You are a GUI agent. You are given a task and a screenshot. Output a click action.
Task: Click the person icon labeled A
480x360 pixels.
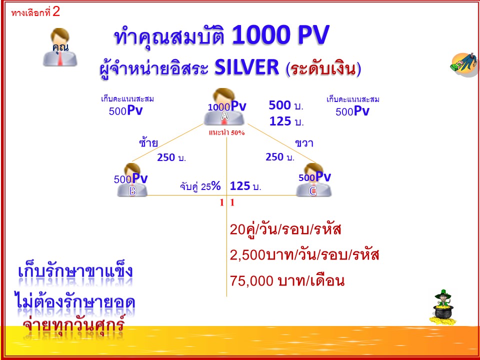(x=224, y=107)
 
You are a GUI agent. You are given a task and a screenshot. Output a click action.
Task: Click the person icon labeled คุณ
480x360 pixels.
(x=60, y=47)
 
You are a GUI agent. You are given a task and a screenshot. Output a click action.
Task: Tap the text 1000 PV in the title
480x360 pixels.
(x=280, y=35)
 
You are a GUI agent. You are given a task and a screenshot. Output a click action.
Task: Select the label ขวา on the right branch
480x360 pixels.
(x=304, y=143)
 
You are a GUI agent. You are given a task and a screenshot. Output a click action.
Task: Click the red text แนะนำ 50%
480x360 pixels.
(x=226, y=132)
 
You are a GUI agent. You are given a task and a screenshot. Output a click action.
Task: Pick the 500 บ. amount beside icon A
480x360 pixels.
(x=286, y=105)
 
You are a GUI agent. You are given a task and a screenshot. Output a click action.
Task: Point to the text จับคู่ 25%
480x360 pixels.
(x=200, y=186)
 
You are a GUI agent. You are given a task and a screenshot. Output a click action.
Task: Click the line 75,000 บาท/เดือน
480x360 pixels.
(x=287, y=281)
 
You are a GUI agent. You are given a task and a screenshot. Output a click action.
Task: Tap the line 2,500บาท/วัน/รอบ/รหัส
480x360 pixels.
(x=304, y=255)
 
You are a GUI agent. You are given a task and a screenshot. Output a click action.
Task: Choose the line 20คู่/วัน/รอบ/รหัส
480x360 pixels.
(x=285, y=229)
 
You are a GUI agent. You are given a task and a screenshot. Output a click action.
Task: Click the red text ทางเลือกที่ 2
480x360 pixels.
(x=35, y=12)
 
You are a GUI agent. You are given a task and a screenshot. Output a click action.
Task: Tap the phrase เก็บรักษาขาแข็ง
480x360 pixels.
(x=75, y=271)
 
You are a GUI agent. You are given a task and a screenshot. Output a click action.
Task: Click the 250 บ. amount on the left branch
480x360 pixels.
(x=171, y=157)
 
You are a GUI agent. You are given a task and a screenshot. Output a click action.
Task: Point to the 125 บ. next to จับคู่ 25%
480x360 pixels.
(x=245, y=186)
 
